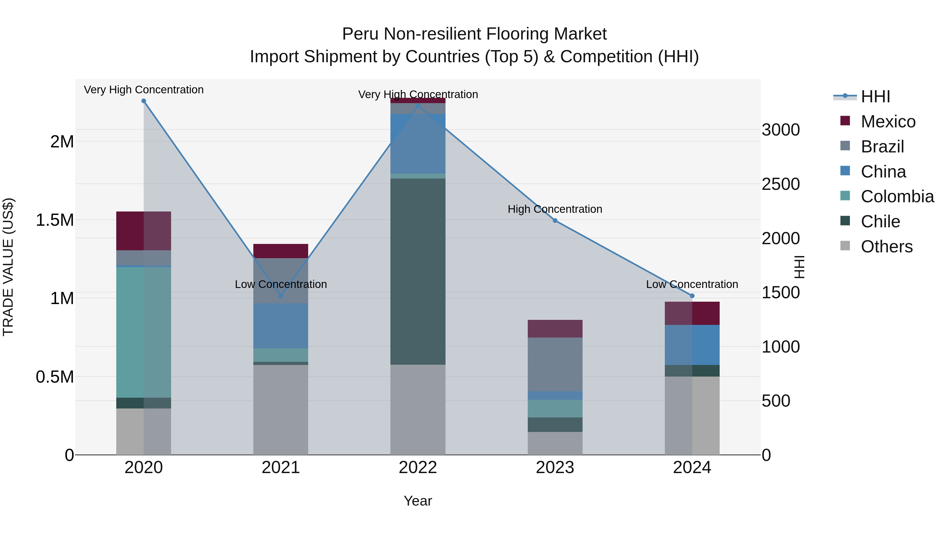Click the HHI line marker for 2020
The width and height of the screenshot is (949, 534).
tap(144, 101)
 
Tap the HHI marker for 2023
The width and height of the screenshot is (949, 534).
tap(555, 220)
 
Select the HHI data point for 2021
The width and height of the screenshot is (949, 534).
tap(281, 296)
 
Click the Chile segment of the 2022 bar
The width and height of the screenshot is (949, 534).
tap(418, 271)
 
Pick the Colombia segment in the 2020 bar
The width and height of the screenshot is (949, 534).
tap(144, 332)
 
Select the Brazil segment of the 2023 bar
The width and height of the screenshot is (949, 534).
tap(555, 364)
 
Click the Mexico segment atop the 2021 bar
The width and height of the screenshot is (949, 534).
tap(281, 251)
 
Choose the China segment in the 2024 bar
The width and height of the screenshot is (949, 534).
tap(692, 345)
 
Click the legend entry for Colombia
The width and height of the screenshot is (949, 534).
tap(897, 196)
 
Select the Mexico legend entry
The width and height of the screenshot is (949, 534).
tap(888, 122)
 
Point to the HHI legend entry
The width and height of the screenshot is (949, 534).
tap(875, 97)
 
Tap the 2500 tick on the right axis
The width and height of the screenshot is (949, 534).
tap(780, 184)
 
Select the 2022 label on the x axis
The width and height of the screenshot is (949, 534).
tap(418, 468)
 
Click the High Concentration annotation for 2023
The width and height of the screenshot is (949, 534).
tap(555, 209)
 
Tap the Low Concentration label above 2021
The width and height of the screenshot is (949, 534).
tap(281, 284)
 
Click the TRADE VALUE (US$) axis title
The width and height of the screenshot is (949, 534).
tap(8, 267)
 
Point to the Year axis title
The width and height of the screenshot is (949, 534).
tap(418, 501)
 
